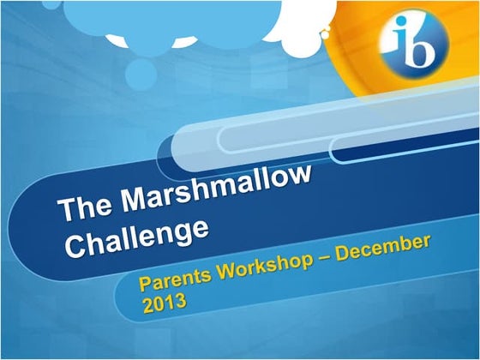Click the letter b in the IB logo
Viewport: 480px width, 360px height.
click(x=420, y=43)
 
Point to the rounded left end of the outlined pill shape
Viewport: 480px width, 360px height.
click(x=224, y=137)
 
